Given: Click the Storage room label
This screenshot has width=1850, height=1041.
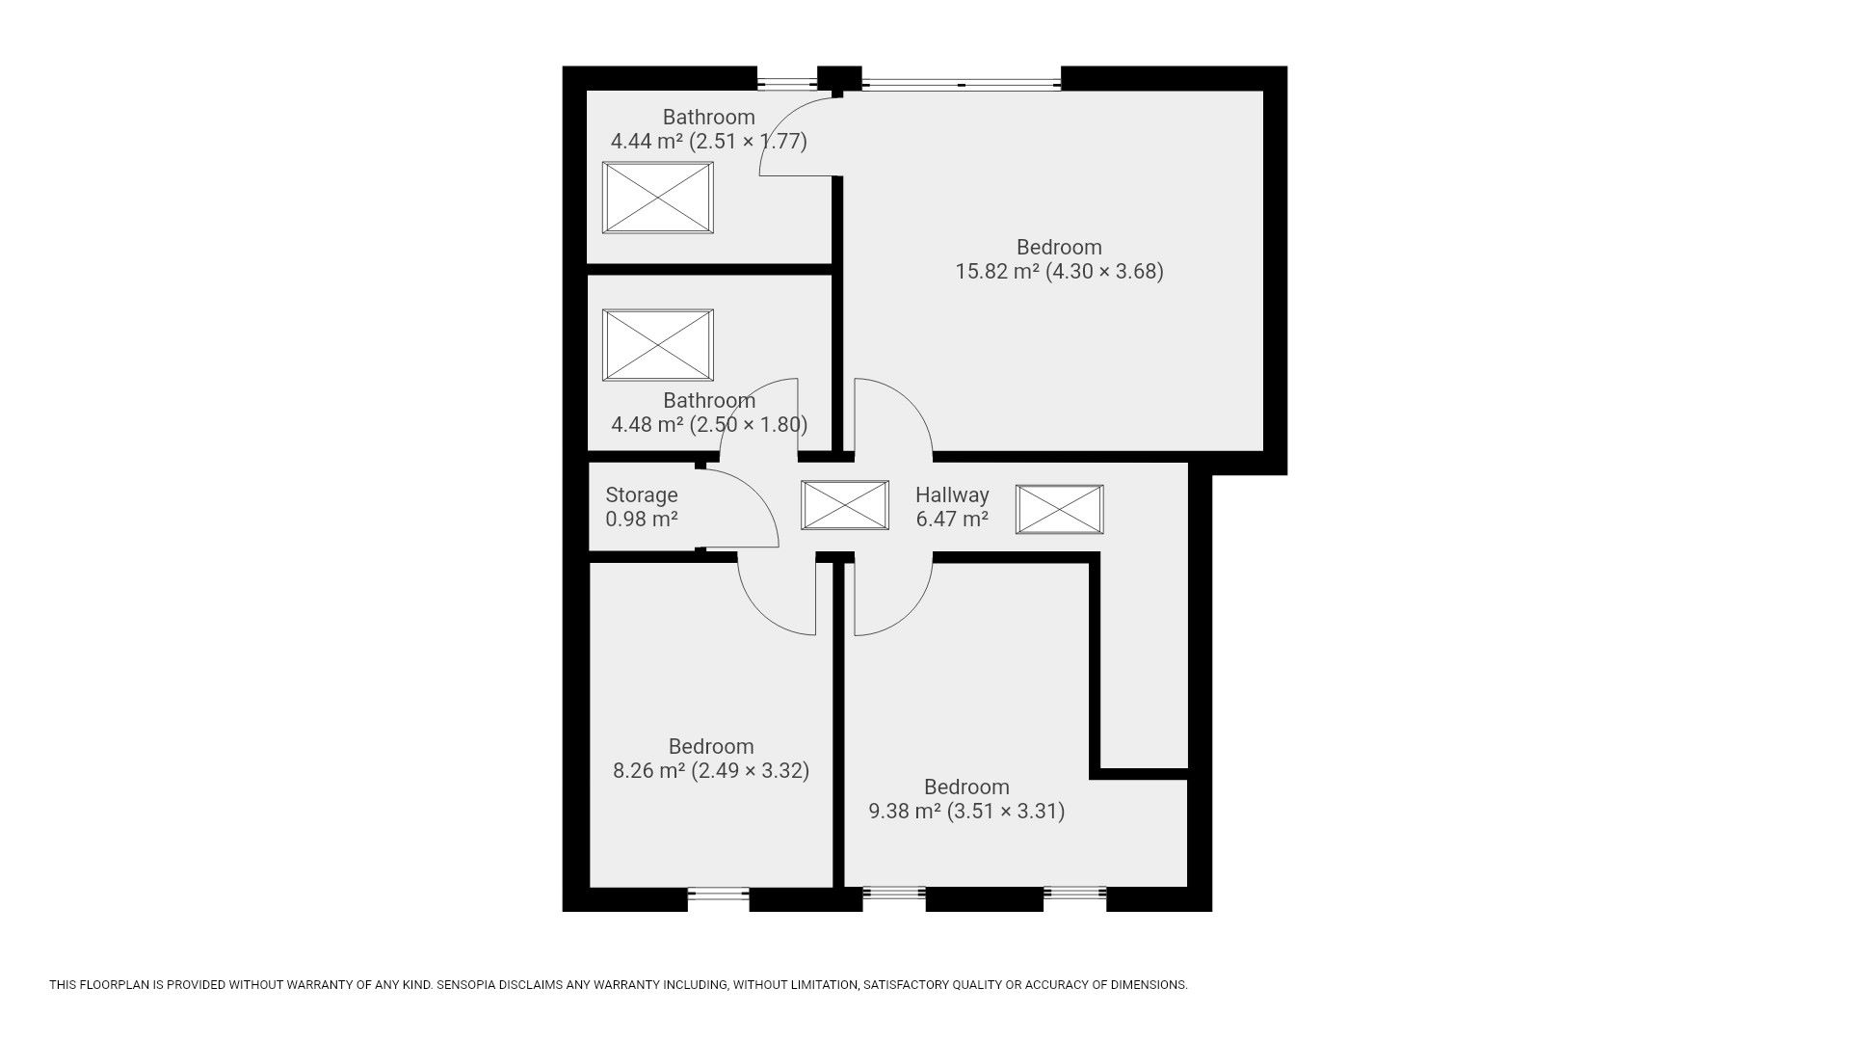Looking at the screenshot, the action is pos(642,495).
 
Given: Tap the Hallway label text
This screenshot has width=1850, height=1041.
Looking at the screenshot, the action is pos(952,495).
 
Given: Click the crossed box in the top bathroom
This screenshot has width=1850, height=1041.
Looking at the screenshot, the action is pos(658,198).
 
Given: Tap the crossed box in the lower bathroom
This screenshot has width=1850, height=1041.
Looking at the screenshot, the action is pos(658,345).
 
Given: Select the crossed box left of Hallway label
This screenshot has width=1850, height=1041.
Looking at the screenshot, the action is pos(845,506).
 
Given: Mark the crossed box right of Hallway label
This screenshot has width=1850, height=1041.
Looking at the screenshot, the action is pos(1059,509).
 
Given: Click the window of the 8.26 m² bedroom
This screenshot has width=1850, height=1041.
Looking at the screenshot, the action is pos(719,898).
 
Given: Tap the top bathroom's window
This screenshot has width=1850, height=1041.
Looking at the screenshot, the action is pos(786,79).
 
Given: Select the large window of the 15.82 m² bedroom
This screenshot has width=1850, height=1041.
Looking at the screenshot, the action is pos(962,79).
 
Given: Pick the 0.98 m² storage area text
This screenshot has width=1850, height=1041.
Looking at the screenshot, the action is pos(642,520).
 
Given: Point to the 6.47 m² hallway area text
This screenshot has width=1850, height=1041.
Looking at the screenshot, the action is pos(952,520).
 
